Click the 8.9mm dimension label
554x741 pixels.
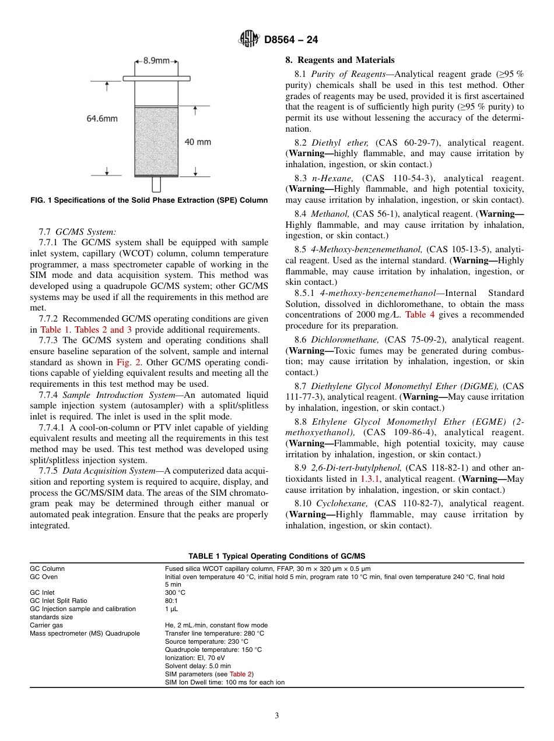click(x=156, y=61)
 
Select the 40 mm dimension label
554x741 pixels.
click(x=198, y=142)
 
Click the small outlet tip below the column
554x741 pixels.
click(x=156, y=184)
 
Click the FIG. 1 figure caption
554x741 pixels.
click(x=149, y=200)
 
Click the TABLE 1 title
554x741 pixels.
click(x=276, y=556)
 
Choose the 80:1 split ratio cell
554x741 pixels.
click(x=172, y=601)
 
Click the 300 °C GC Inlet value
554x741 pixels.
click(x=175, y=592)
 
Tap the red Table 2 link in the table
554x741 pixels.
click(x=241, y=674)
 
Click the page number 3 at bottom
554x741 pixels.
click(x=276, y=716)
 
